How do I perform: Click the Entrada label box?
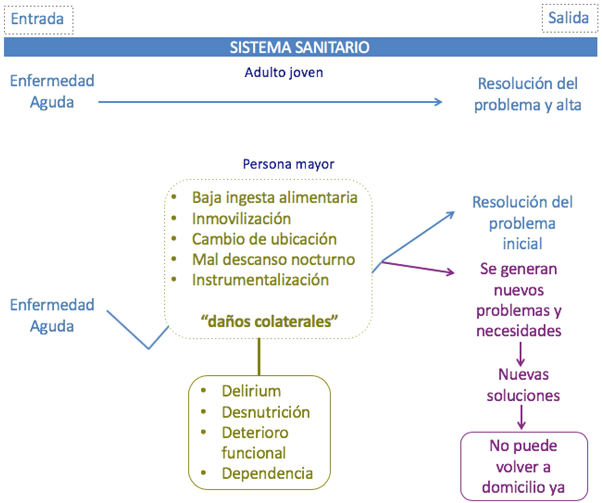coord(38,19)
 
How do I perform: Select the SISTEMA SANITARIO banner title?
coord(300,47)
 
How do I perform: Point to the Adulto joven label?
coord(283,73)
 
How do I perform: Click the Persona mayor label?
coord(288,164)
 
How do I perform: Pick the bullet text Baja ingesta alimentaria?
coord(274,198)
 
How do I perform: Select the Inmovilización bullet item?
coord(241,219)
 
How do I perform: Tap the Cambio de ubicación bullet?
coord(264,239)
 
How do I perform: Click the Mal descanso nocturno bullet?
coord(273,260)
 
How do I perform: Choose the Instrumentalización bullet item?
coord(260,280)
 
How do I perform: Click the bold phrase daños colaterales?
coord(269,321)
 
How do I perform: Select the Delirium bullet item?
coord(251,391)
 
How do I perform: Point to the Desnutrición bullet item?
coord(266,412)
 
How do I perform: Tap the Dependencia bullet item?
coord(267,473)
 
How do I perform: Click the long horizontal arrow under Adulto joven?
coord(270,102)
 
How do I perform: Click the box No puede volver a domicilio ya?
coord(524,467)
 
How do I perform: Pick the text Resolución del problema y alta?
coord(527,94)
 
